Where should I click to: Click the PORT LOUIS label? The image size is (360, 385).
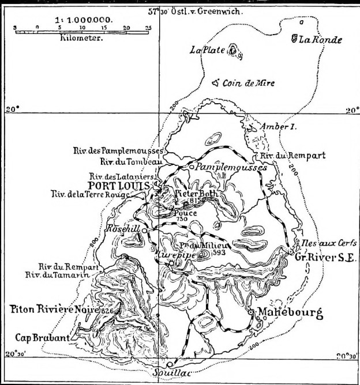[x=118, y=185]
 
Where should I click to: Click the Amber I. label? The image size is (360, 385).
[x=279, y=126]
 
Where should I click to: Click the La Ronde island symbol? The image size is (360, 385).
[x=294, y=39]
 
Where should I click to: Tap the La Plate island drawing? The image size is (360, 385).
[x=233, y=51]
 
